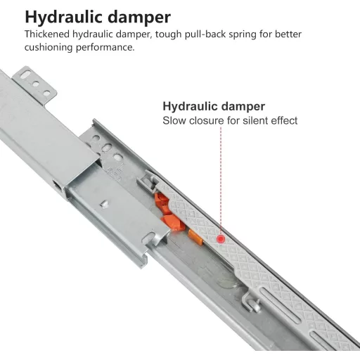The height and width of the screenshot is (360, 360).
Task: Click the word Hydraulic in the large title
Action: [x=64, y=18]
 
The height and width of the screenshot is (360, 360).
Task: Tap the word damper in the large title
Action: [x=139, y=18]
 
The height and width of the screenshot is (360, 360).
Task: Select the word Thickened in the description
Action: [x=47, y=34]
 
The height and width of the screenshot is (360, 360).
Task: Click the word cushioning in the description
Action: [x=49, y=48]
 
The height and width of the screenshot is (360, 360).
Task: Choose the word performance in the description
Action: [x=105, y=48]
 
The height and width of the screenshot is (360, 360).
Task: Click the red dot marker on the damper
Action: [x=221, y=239]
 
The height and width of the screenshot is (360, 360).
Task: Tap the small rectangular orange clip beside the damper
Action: [x=195, y=238]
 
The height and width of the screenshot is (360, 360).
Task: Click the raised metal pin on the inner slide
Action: [x=105, y=203]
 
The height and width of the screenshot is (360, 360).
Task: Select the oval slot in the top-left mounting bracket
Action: [x=25, y=75]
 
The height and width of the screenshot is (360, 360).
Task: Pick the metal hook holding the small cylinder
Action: [x=250, y=303]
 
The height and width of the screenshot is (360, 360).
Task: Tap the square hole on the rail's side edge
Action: [x=57, y=185]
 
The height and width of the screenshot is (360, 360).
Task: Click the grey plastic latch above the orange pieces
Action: [x=148, y=181]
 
